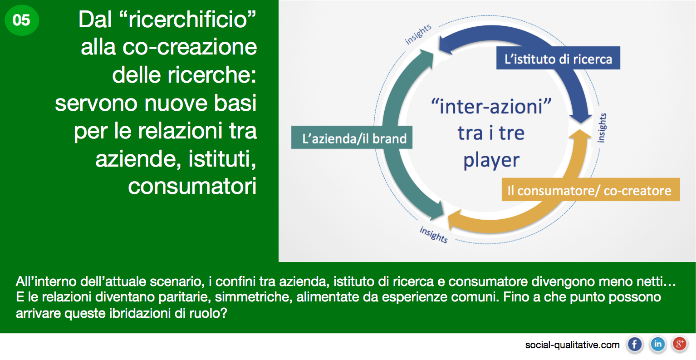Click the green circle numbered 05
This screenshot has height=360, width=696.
point(22,20)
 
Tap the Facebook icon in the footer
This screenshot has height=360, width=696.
point(635,345)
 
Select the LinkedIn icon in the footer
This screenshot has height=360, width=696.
point(657,345)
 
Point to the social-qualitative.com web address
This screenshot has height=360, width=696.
point(572,345)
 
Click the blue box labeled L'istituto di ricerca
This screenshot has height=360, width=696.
point(558,58)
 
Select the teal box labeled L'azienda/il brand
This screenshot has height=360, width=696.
point(352,138)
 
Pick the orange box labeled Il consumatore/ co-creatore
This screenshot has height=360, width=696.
point(591,190)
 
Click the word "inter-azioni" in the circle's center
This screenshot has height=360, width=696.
point(491,106)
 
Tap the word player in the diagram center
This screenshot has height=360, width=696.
point(491,161)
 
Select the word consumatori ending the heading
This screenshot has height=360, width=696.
point(192,186)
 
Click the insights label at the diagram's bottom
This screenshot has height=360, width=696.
point(434,235)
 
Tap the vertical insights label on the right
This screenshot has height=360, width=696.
point(602,128)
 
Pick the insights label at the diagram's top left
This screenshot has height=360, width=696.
point(418,34)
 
